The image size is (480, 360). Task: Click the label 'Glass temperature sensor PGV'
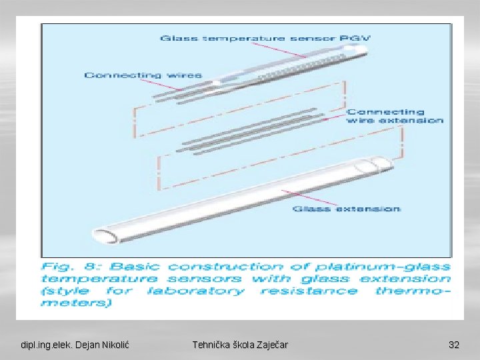pos(265,38)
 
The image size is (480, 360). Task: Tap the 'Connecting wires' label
pos(143,75)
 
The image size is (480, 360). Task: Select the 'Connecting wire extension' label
pos(395,116)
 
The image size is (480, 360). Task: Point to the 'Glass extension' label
pos(347,209)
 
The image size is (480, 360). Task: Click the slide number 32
pos(454,345)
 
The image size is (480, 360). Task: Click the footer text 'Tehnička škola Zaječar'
pos(240,345)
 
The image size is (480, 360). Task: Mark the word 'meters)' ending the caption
pos(77,303)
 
